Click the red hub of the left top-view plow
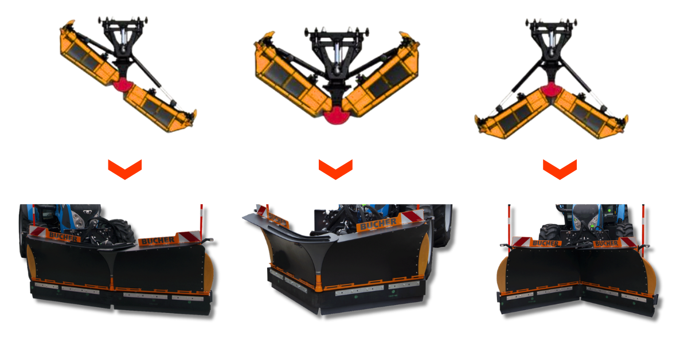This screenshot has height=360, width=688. (x=122, y=85)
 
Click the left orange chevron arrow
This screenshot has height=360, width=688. (x=125, y=170)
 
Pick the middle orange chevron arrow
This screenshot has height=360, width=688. (x=335, y=170)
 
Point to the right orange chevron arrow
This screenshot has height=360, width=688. (x=560, y=170)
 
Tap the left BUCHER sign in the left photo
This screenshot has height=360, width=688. (x=63, y=237)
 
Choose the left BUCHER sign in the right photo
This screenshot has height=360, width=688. (x=545, y=243)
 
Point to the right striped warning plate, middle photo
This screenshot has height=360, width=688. (x=412, y=217)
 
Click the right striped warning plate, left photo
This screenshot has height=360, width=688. (x=189, y=236)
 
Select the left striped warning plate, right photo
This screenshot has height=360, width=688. (x=521, y=241)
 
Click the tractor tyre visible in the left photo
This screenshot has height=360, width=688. (x=122, y=231)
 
